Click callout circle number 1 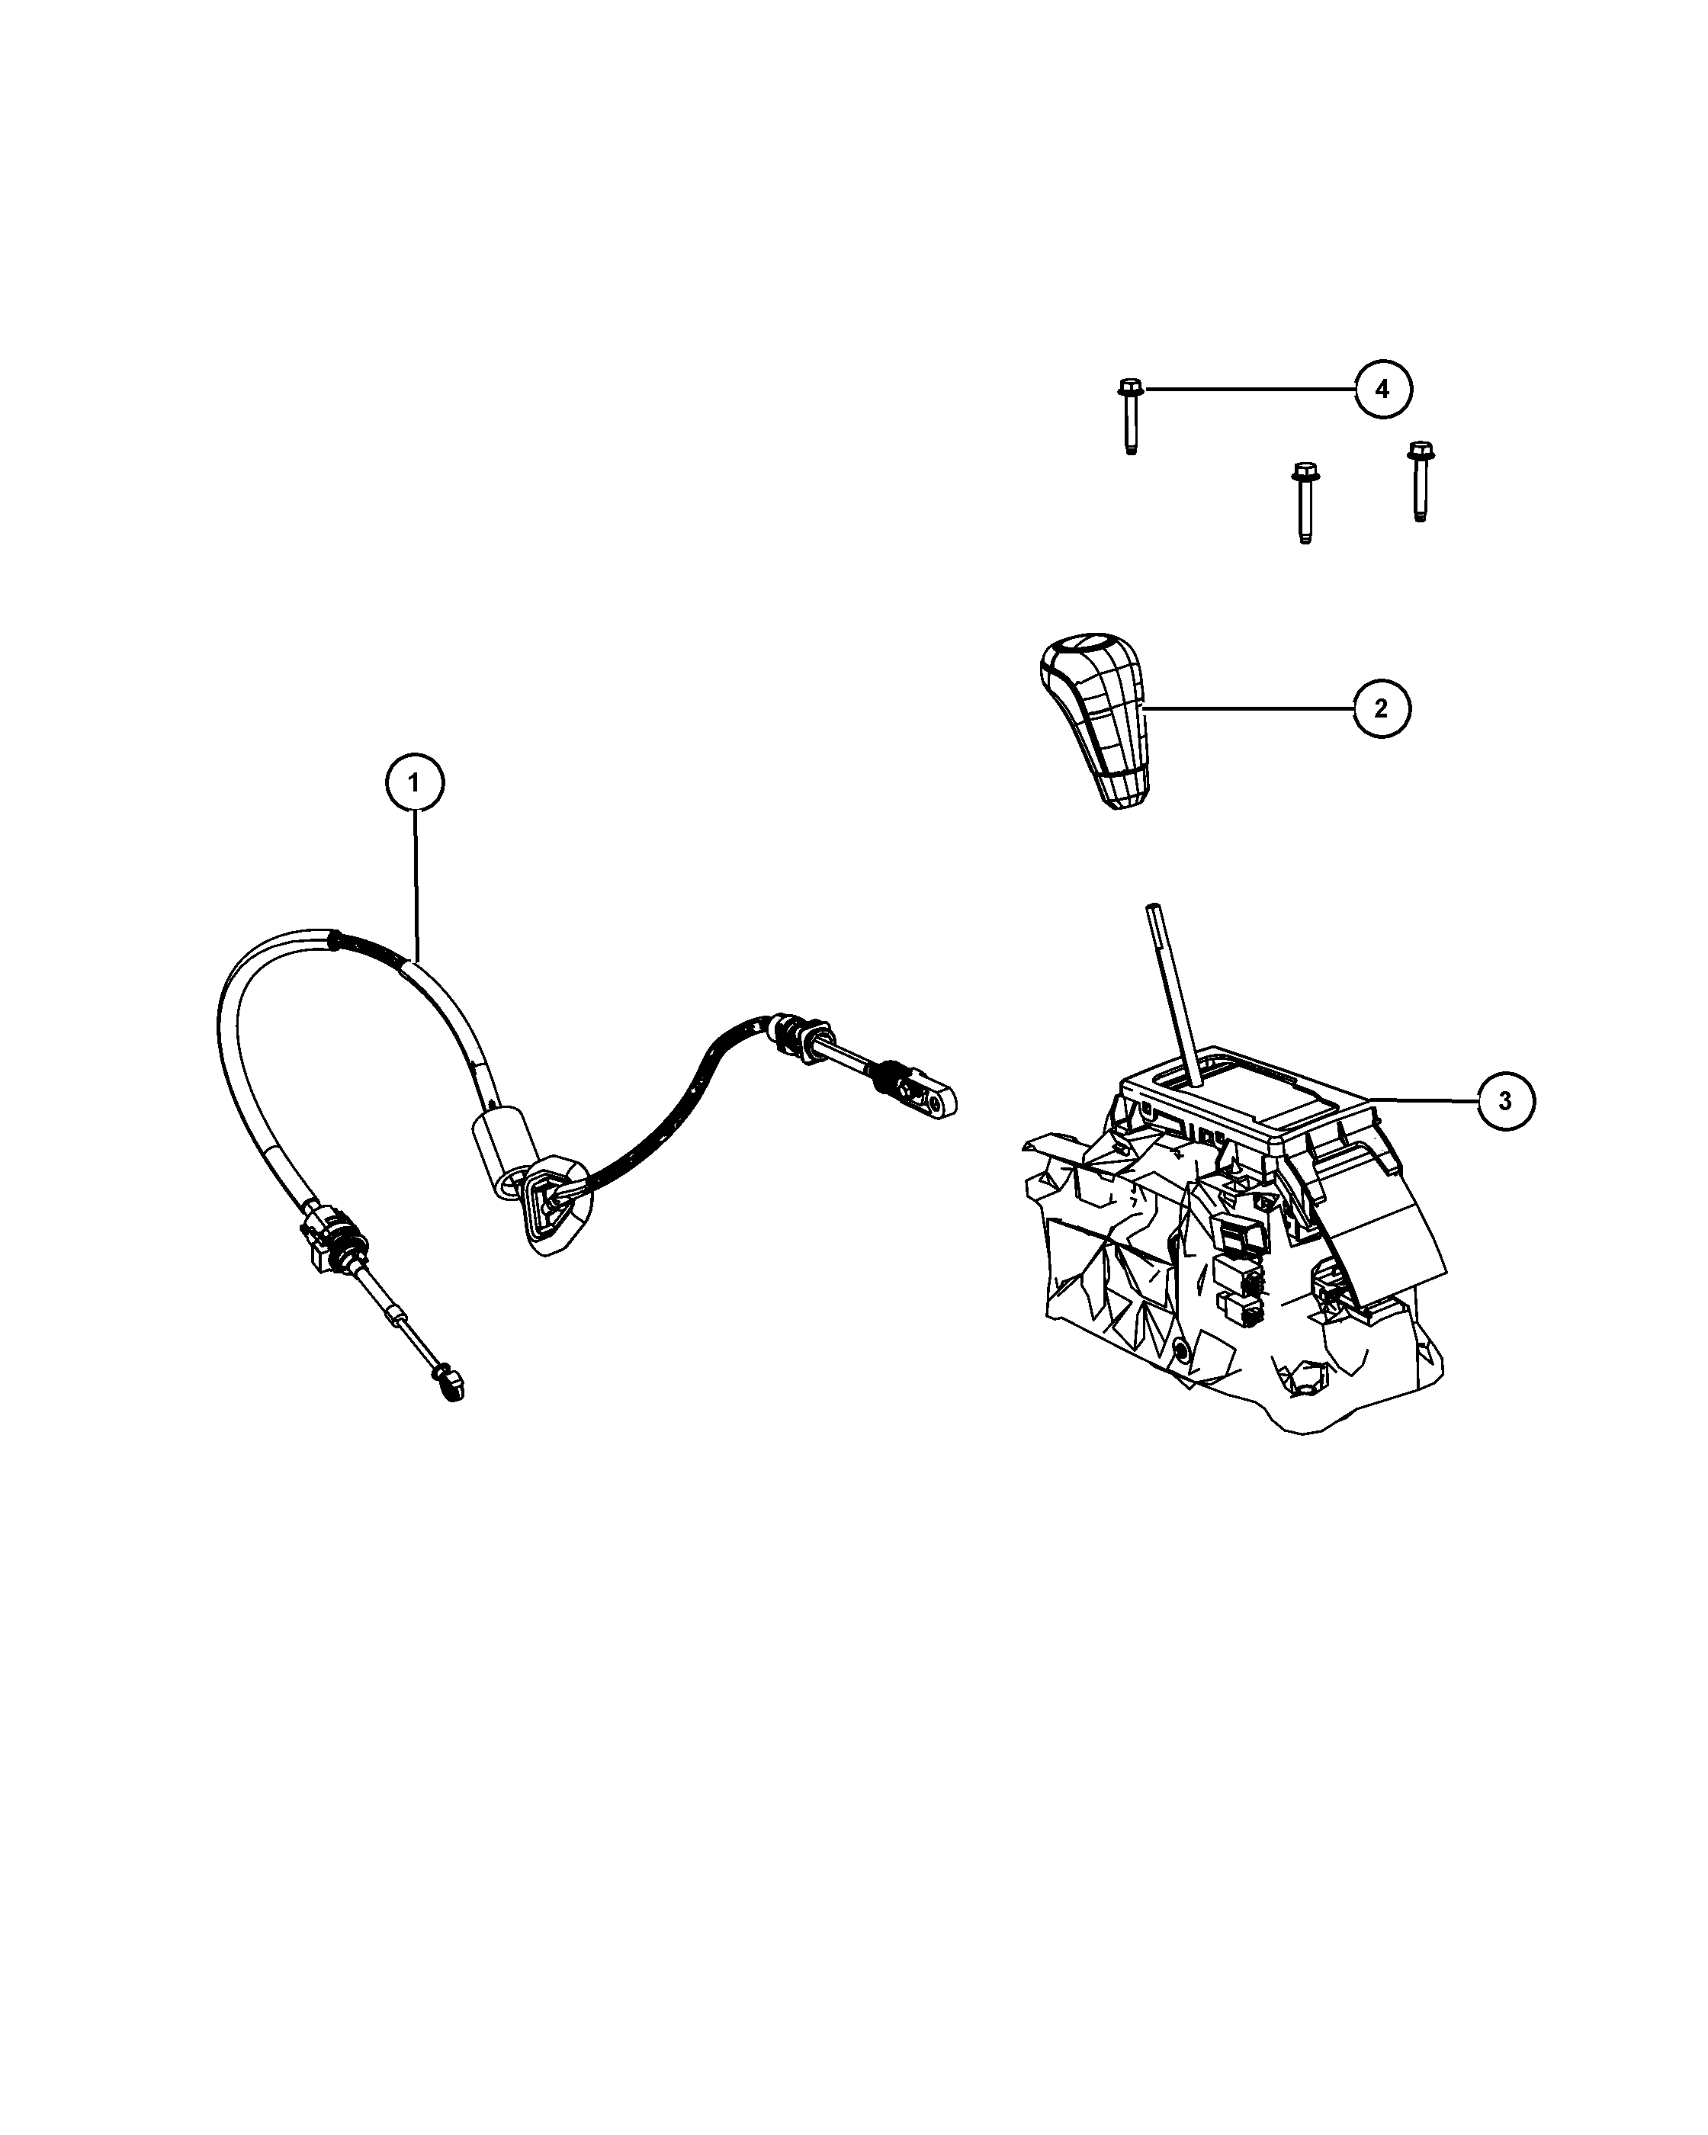tap(414, 783)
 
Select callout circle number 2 tap(1381, 708)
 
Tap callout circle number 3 tap(1505, 1100)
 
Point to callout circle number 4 tap(1383, 389)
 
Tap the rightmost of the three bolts tap(1420, 481)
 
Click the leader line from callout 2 tap(1248, 708)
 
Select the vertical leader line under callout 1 tap(416, 885)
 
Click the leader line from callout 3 tap(1424, 1100)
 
